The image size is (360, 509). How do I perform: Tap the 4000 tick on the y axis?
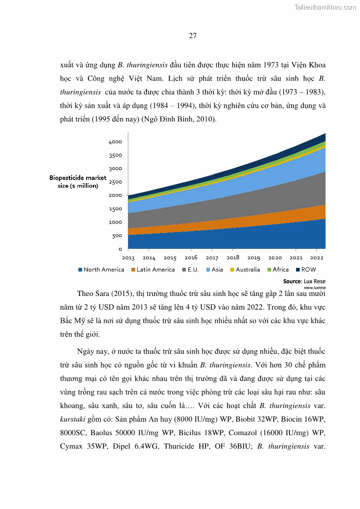[x=116, y=142]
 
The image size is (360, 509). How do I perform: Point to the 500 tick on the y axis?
[x=117, y=236]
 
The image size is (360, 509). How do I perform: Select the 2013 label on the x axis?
[x=128, y=258]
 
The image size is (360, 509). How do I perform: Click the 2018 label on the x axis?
[x=233, y=258]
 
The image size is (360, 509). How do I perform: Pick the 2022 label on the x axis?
[x=316, y=258]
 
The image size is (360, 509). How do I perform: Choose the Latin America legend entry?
[x=153, y=270]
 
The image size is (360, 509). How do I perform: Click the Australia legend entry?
[x=245, y=270]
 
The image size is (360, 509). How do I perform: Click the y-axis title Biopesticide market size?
[x=78, y=182]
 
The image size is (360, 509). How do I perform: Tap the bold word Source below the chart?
[x=292, y=281]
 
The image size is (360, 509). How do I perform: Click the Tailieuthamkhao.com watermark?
[x=325, y=7]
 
